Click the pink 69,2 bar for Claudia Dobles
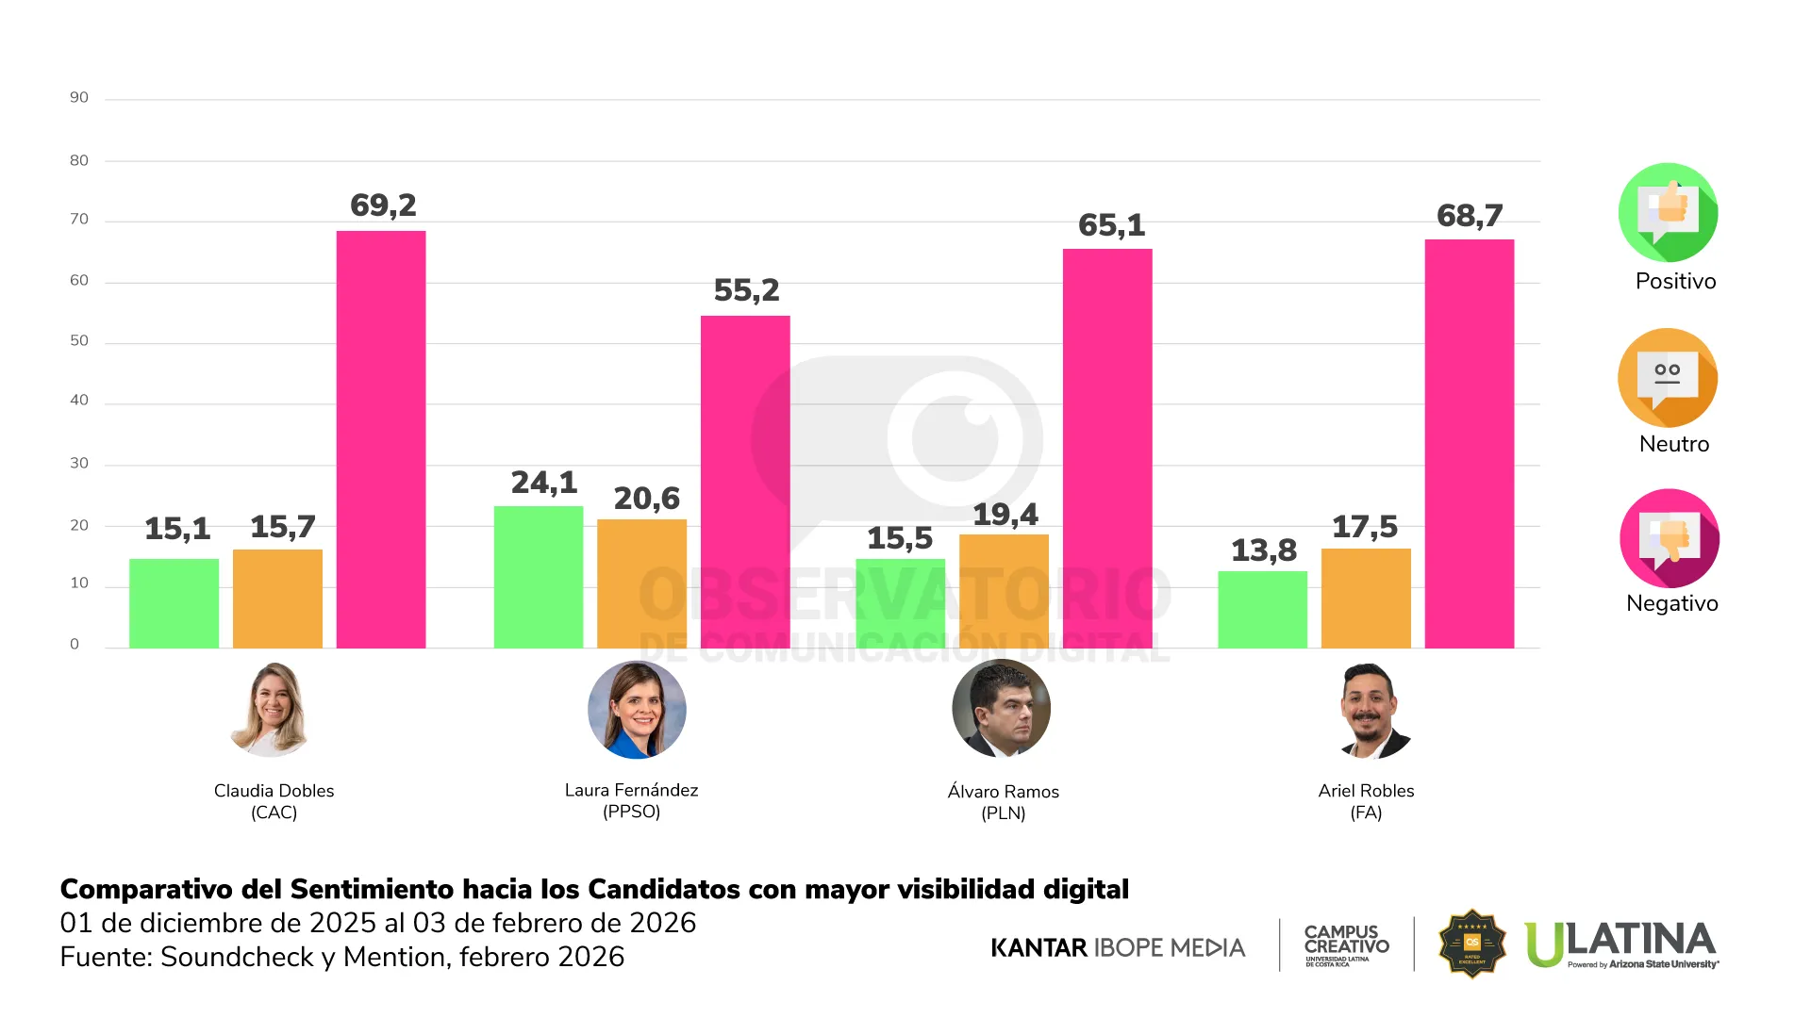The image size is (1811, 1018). click(381, 439)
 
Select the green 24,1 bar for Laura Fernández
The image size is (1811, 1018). click(539, 577)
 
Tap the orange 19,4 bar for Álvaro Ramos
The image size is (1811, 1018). click(1004, 591)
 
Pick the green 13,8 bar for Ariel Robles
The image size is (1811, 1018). click(1262, 609)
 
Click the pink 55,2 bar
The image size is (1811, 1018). click(745, 482)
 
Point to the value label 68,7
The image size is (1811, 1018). click(1470, 216)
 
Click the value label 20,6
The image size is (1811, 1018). click(647, 499)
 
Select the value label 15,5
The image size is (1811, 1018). click(900, 538)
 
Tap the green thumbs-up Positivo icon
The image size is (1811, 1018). click(1668, 212)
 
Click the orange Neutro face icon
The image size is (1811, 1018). click(1668, 377)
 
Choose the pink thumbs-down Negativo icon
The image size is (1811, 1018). click(1669, 538)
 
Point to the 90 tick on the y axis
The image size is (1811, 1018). click(79, 97)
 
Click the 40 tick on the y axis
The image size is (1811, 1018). click(79, 400)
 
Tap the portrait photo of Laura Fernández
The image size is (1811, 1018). click(637, 710)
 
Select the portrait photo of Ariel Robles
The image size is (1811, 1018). click(1367, 710)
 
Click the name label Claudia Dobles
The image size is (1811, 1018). click(274, 791)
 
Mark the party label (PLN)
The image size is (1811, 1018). click(1003, 813)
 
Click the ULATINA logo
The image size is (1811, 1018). click(1620, 944)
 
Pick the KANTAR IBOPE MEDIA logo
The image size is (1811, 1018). click(1118, 947)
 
